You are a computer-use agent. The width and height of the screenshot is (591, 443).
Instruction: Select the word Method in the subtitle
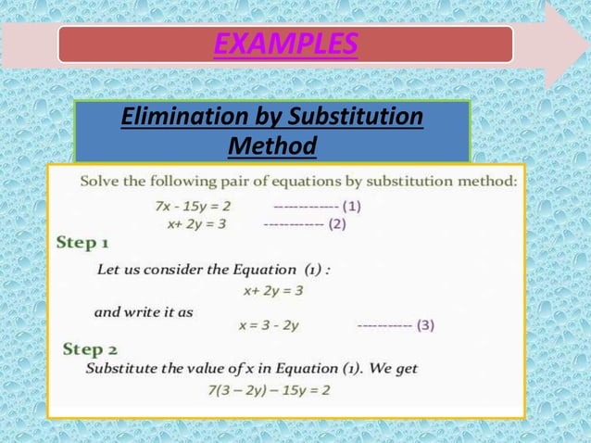point(271,146)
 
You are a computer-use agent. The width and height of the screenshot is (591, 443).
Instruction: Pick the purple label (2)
point(337,223)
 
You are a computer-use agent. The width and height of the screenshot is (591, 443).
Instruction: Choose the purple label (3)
point(425,324)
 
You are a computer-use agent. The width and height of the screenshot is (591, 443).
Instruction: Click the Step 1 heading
point(83,244)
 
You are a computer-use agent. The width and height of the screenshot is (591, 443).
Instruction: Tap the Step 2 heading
point(90,349)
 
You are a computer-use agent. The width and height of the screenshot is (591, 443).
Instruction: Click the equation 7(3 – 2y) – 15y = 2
point(270,389)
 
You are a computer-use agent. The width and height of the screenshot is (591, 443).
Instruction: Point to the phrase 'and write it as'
point(144,311)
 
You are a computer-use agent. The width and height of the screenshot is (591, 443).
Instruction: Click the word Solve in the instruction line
point(103,182)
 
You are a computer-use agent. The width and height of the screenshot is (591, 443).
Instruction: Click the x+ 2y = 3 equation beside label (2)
point(196,223)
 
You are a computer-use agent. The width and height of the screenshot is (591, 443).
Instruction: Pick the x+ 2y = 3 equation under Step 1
point(273,290)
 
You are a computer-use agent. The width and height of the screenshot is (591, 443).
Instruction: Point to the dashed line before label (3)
point(384,325)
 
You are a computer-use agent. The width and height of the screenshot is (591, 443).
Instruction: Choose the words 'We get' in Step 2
point(394,368)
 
